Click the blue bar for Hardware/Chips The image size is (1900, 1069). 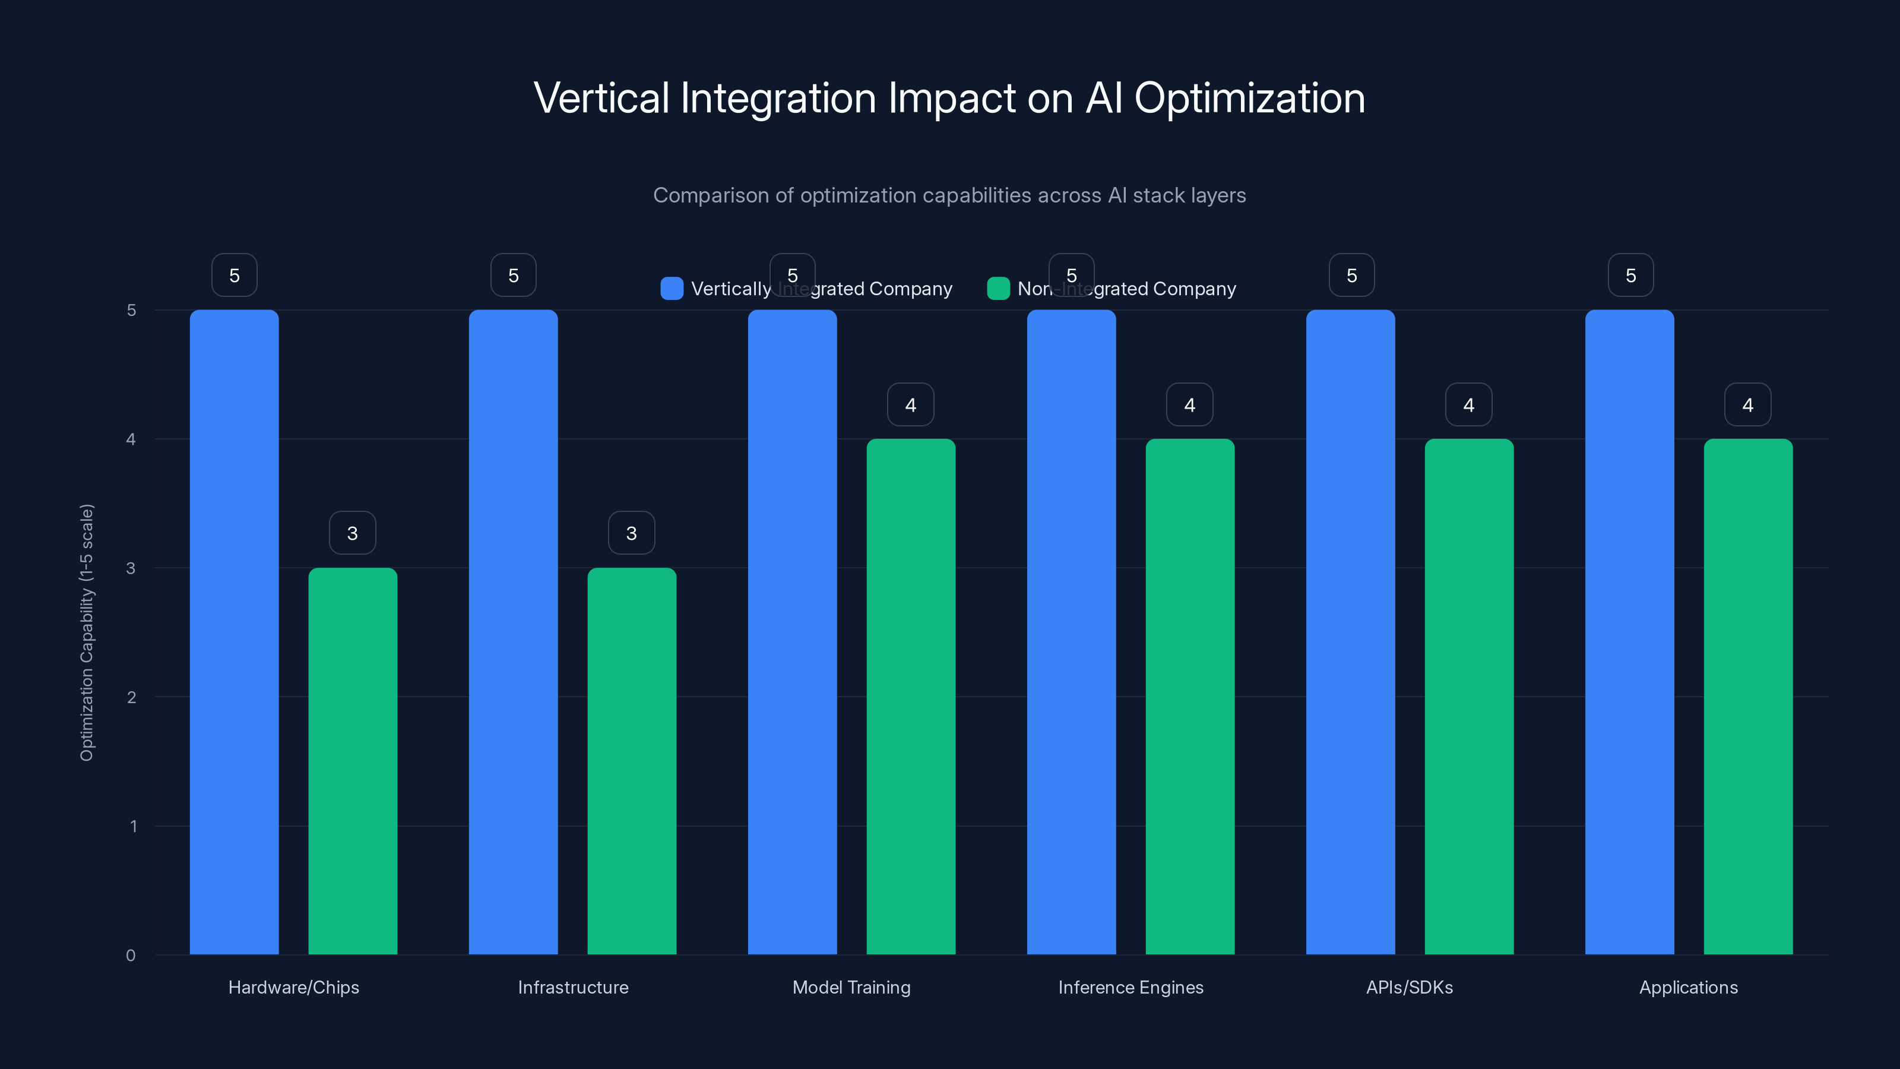point(234,631)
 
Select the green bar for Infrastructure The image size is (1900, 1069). point(631,761)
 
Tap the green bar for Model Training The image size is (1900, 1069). point(910,697)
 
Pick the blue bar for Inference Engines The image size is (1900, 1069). point(1071,631)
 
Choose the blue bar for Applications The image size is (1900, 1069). point(1629,631)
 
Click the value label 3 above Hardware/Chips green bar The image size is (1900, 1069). point(352,533)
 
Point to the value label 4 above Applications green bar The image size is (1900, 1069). point(1747,404)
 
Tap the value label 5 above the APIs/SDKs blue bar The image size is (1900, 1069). point(1351,275)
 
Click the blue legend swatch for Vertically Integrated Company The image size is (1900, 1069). point(671,289)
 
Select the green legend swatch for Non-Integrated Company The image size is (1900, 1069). point(998,289)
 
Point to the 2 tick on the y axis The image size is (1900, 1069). point(131,697)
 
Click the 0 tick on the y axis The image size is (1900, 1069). point(131,956)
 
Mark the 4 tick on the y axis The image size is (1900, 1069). point(131,439)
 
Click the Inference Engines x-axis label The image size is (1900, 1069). point(1130,987)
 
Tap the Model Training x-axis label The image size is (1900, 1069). point(851,987)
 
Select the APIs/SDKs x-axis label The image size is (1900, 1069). point(1409,987)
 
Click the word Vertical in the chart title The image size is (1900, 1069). point(600,98)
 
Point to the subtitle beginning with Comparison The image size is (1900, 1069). point(949,195)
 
